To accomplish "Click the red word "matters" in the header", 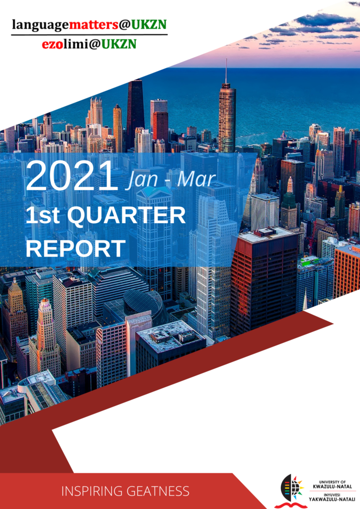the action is pyautogui.click(x=93, y=24).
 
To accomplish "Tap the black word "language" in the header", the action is pyautogui.click(x=40, y=25).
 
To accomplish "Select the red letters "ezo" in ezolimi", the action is pyautogui.click(x=52, y=44).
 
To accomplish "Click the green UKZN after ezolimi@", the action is pyautogui.click(x=119, y=44).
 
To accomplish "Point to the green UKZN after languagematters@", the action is pyautogui.click(x=149, y=24).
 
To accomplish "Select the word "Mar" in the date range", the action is pyautogui.click(x=196, y=179).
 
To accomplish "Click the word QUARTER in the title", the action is pyautogui.click(x=127, y=216).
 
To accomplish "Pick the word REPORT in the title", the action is pyautogui.click(x=76, y=249).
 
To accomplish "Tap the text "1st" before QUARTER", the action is pyautogui.click(x=42, y=215).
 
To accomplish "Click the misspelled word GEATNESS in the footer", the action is pyautogui.click(x=158, y=491).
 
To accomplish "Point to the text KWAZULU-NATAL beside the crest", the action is pyautogui.click(x=332, y=486).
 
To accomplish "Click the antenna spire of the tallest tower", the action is pyautogui.click(x=226, y=71).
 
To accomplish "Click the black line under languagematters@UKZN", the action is pyautogui.click(x=90, y=34).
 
